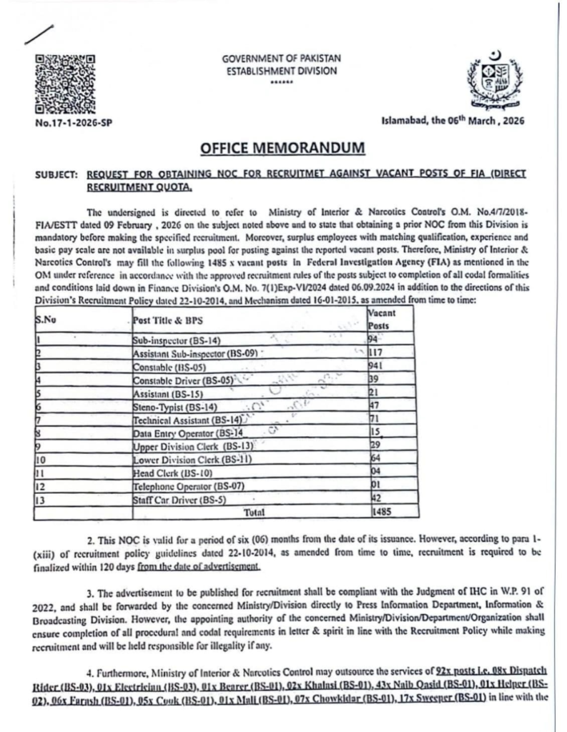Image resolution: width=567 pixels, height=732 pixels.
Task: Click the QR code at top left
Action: (x=65, y=84)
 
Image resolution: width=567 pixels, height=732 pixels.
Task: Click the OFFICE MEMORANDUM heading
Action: (x=282, y=148)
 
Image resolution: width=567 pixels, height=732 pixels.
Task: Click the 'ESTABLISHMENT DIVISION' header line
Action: (x=282, y=71)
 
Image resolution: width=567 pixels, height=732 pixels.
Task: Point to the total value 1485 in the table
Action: (x=382, y=512)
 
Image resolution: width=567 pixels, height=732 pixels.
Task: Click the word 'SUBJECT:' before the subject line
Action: (x=56, y=174)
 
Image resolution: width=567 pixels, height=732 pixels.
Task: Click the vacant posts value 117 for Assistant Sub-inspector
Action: (x=380, y=353)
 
